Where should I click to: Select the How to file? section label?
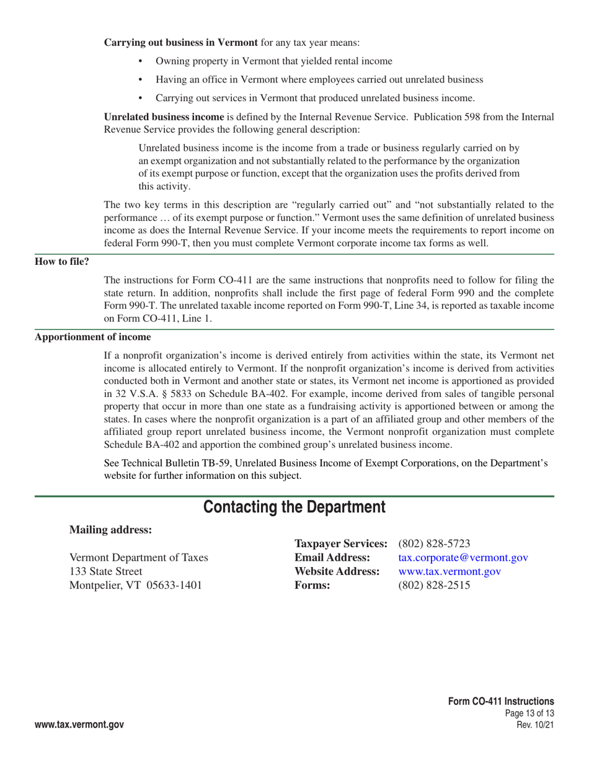point(61,261)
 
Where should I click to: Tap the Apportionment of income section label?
point(92,337)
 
